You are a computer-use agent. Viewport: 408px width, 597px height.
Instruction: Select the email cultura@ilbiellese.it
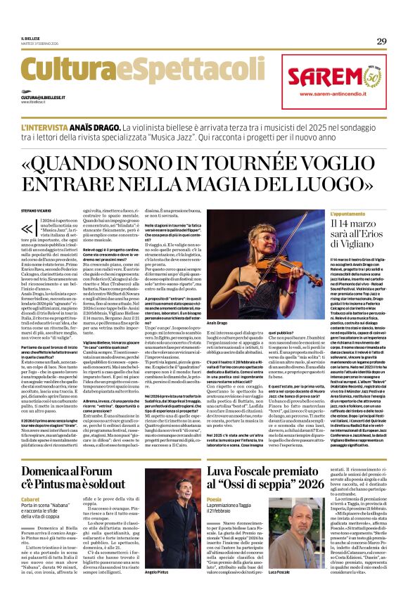[43, 97]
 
